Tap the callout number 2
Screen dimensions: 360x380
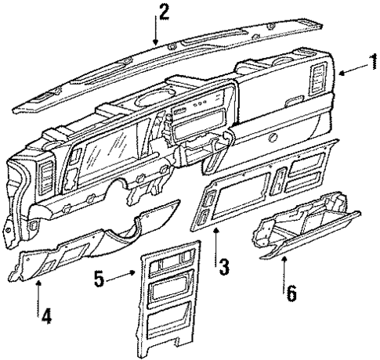click(x=163, y=11)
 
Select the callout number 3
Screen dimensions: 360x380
click(x=224, y=267)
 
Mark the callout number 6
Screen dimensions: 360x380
click(x=291, y=294)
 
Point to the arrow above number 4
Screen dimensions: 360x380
click(x=38, y=289)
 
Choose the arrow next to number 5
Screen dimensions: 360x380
click(x=123, y=275)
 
